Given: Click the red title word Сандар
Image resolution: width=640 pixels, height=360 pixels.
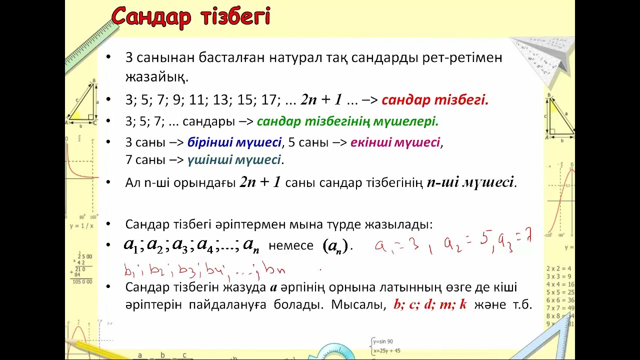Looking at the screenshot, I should click(x=151, y=17).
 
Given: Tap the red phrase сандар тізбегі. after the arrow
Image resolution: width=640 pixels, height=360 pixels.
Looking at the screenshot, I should click(x=434, y=100).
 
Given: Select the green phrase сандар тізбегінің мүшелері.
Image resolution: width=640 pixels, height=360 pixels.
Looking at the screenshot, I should click(x=347, y=121).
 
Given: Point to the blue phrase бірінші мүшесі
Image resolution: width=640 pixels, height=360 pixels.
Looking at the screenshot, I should click(x=234, y=142).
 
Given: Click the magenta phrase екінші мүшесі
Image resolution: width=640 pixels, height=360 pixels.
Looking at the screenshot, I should click(x=395, y=142).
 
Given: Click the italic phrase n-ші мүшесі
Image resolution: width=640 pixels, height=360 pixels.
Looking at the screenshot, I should click(x=471, y=182).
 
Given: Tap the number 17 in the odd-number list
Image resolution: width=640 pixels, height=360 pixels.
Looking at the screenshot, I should click(x=268, y=100).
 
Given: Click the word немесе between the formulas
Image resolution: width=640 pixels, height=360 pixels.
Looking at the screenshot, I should click(x=291, y=245).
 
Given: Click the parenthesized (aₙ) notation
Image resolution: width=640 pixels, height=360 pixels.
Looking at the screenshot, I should click(x=335, y=246).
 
